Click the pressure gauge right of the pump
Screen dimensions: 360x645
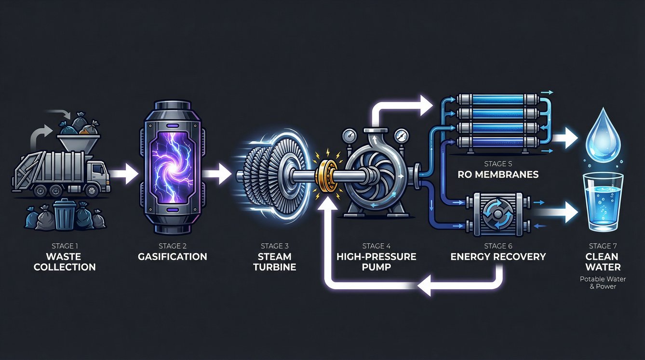click(x=400, y=137)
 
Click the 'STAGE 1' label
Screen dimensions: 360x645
click(x=65, y=246)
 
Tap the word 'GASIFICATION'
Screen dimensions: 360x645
click(x=172, y=256)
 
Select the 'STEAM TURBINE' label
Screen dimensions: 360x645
click(x=274, y=262)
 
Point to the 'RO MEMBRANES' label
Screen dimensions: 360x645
click(x=498, y=174)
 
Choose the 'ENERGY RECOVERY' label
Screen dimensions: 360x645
click(x=498, y=256)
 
